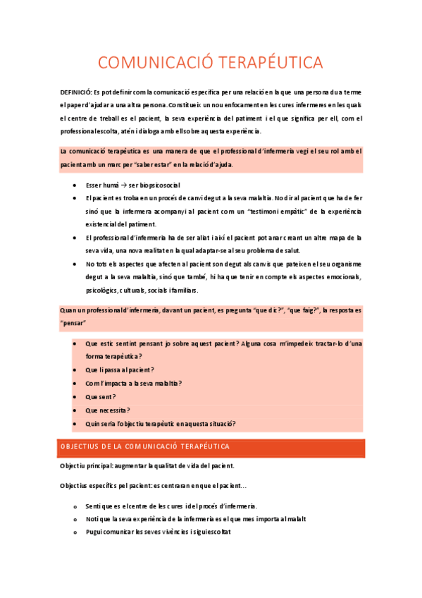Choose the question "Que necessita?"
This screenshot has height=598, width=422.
click(107, 410)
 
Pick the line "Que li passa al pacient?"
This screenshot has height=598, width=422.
click(120, 370)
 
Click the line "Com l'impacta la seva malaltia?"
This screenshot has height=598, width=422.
click(132, 383)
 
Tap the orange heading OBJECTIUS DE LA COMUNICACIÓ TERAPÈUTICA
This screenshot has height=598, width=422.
click(145, 447)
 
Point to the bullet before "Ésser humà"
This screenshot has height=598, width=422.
click(75, 185)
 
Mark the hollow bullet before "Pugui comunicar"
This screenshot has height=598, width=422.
click(75, 532)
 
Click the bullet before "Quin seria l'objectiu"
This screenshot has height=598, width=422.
click(75, 423)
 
